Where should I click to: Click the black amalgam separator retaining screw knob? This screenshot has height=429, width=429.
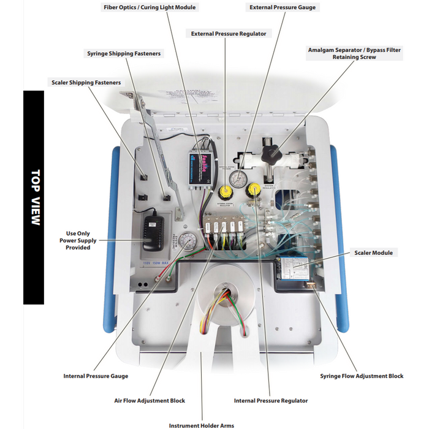[x=270, y=153]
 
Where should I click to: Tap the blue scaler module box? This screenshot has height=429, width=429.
[x=294, y=270]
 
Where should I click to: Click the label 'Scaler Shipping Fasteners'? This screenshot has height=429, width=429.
[x=85, y=82]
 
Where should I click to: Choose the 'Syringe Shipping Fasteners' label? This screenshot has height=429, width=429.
[x=124, y=53]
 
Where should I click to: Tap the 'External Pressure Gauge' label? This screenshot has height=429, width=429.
[x=283, y=7]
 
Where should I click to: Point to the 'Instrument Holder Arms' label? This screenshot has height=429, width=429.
[x=201, y=425]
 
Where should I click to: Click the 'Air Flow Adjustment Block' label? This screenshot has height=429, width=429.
[x=150, y=400]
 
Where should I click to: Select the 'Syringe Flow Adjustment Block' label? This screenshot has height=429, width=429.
[x=362, y=376]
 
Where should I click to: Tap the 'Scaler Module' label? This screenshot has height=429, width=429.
[x=373, y=252]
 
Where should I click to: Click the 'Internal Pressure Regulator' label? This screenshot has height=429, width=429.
[x=271, y=400]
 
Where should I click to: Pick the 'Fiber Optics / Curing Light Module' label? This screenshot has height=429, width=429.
[x=151, y=7]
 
